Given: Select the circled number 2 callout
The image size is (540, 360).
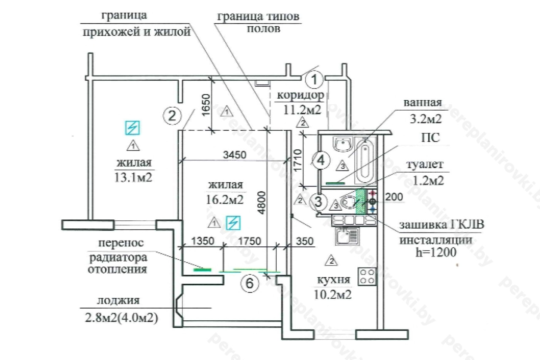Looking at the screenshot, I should (x=172, y=115).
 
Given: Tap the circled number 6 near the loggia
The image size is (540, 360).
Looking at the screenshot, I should (x=250, y=284).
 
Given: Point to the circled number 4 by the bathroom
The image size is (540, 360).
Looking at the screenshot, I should (x=321, y=160).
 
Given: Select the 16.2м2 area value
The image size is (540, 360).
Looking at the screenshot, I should (x=226, y=200).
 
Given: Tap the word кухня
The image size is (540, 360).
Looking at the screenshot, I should (x=333, y=280).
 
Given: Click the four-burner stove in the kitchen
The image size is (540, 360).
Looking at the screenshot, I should (x=367, y=276).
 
